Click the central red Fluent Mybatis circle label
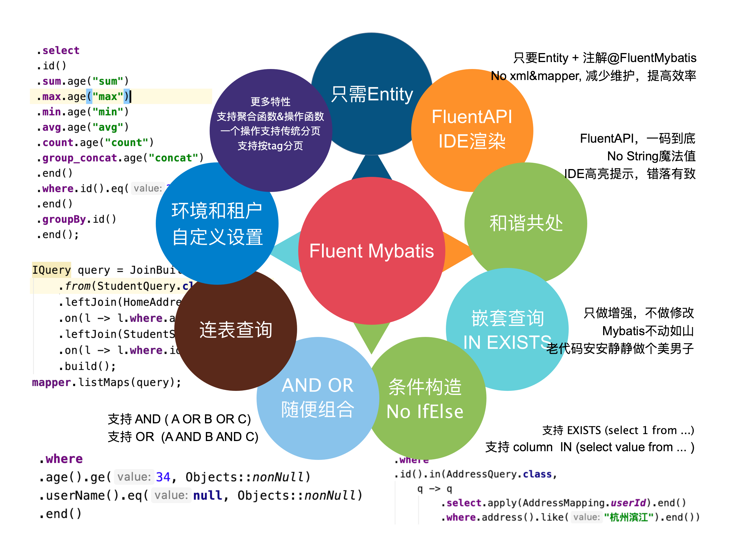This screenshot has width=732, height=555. click(371, 251)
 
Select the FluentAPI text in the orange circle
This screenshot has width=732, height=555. click(472, 117)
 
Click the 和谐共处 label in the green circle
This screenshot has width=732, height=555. click(526, 223)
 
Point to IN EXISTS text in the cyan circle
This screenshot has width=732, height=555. click(507, 342)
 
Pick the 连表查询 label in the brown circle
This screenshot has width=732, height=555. click(236, 330)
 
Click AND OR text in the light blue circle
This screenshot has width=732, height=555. click(317, 385)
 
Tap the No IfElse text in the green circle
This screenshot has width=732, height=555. click(424, 412)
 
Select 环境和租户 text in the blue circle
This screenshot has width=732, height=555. click(217, 211)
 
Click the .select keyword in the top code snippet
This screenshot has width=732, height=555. click(58, 51)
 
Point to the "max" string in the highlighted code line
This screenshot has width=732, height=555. click(108, 97)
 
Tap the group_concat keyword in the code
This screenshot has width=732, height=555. click(79, 158)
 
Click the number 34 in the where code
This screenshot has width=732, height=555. click(163, 477)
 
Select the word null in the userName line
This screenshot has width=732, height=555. click(208, 495)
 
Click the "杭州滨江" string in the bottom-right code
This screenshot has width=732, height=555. click(628, 517)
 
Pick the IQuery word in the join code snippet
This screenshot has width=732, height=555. click(51, 270)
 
